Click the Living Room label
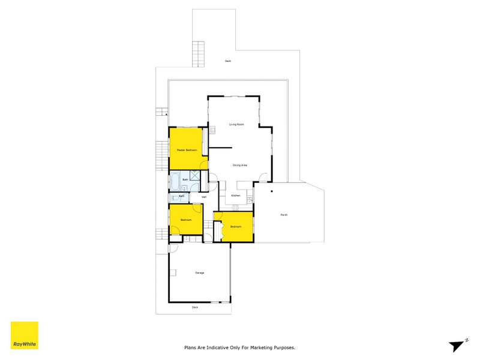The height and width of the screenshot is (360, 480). [236, 124]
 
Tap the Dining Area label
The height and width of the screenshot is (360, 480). [240, 165]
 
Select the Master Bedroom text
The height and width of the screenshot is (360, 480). [187, 149]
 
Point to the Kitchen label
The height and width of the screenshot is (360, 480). [236, 196]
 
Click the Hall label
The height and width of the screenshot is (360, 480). [204, 196]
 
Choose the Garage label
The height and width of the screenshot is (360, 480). [199, 273]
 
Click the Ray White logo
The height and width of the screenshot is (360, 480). [25, 335]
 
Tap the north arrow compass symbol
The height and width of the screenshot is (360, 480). [458, 344]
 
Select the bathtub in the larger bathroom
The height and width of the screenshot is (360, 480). [175, 180]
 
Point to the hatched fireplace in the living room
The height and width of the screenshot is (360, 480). [212, 130]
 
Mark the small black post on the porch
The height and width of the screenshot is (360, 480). [271, 191]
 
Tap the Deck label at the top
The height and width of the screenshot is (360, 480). [227, 61]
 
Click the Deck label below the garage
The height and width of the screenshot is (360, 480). [194, 307]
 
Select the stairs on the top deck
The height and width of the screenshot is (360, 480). [196, 54]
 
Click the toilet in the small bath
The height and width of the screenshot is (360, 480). [172, 196]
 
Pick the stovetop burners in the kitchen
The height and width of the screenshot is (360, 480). [235, 208]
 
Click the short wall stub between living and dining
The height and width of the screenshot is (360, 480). [221, 147]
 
